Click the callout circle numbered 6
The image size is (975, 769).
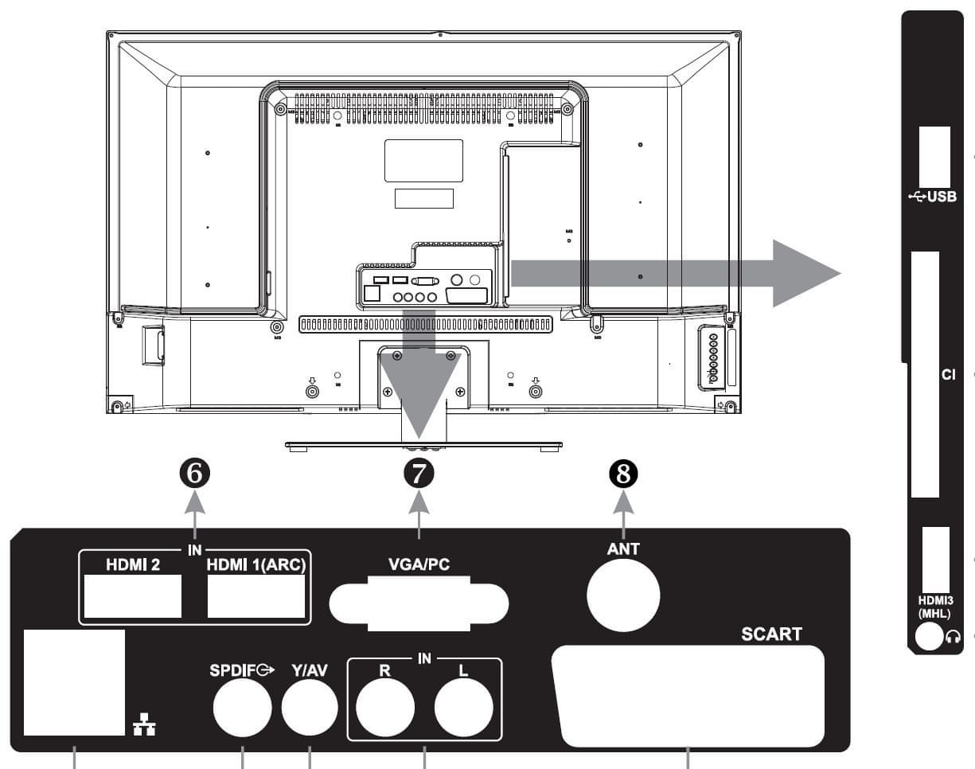[x=195, y=474]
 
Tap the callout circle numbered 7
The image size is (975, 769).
[x=419, y=474]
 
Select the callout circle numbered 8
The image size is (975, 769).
[x=623, y=474]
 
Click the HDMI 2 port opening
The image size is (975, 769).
[x=133, y=596]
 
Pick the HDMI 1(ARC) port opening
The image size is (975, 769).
[x=256, y=596]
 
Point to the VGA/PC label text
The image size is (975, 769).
[x=419, y=564]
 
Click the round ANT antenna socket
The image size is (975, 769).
[x=623, y=595]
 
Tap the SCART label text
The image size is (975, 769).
[x=771, y=634]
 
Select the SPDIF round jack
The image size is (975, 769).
[x=243, y=708]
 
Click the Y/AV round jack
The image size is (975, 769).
[x=310, y=708]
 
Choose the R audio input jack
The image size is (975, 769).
[x=385, y=708]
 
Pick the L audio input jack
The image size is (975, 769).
[x=463, y=708]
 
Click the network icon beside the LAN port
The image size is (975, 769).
[x=144, y=724]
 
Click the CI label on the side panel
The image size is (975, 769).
[x=948, y=375]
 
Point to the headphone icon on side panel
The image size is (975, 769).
[x=954, y=637]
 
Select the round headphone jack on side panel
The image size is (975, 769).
[x=929, y=637]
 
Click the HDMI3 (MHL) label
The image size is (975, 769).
[x=935, y=607]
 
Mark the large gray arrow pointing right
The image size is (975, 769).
[x=676, y=274]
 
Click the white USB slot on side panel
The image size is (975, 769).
[x=934, y=158]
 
